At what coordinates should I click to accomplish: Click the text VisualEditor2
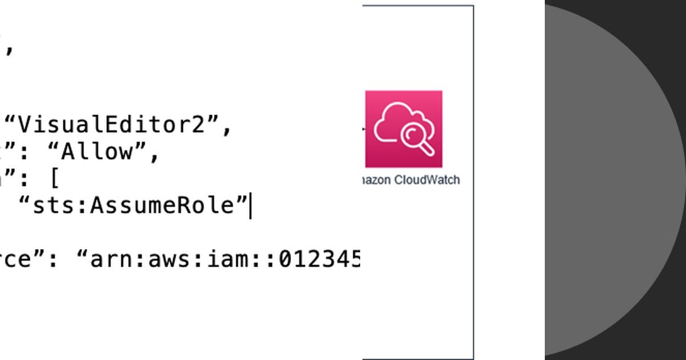[118, 125]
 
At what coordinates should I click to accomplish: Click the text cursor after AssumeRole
[250, 206]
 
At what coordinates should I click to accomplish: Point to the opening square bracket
[54, 179]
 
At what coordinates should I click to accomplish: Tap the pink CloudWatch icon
[404, 129]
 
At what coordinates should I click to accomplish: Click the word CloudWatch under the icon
[426, 180]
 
